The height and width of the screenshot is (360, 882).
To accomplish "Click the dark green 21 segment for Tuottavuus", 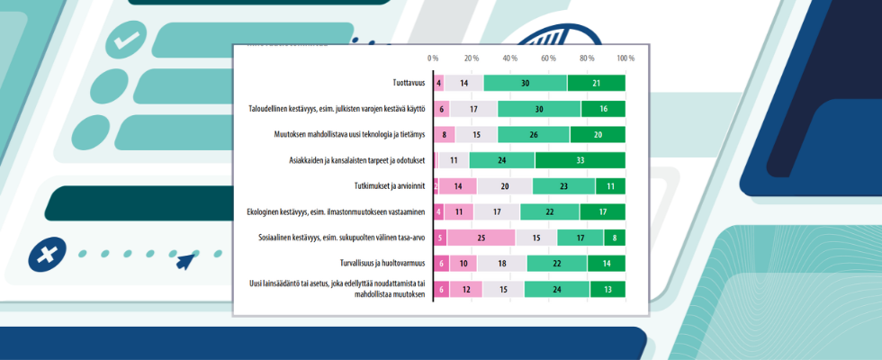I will pos(597,83).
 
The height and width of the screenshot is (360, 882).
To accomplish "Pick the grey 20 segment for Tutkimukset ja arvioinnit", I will pos(504,186).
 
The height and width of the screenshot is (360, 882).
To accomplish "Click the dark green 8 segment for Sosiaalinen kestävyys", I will pos(615,238).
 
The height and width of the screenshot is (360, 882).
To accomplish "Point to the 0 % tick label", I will pos(433,58).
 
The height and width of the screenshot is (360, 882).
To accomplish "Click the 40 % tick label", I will pos(510,58).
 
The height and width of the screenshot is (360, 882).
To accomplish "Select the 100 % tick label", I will pos(625,58).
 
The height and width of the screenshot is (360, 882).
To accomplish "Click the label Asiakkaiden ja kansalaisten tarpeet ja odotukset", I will pos(354,160).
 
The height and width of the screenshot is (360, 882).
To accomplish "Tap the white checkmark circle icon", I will pos(126,40).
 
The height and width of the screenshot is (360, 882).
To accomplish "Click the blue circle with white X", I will pos(44,255).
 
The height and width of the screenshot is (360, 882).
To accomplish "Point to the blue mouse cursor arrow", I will pos(186,262).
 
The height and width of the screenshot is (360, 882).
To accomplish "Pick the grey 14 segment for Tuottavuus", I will pos(463,83).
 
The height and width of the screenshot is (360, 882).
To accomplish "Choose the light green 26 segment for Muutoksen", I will pos(534,135).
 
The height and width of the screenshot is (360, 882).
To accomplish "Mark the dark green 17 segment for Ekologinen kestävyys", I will pos(608,212).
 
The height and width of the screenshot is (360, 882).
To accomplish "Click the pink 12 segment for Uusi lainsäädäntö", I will pos(466,290).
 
